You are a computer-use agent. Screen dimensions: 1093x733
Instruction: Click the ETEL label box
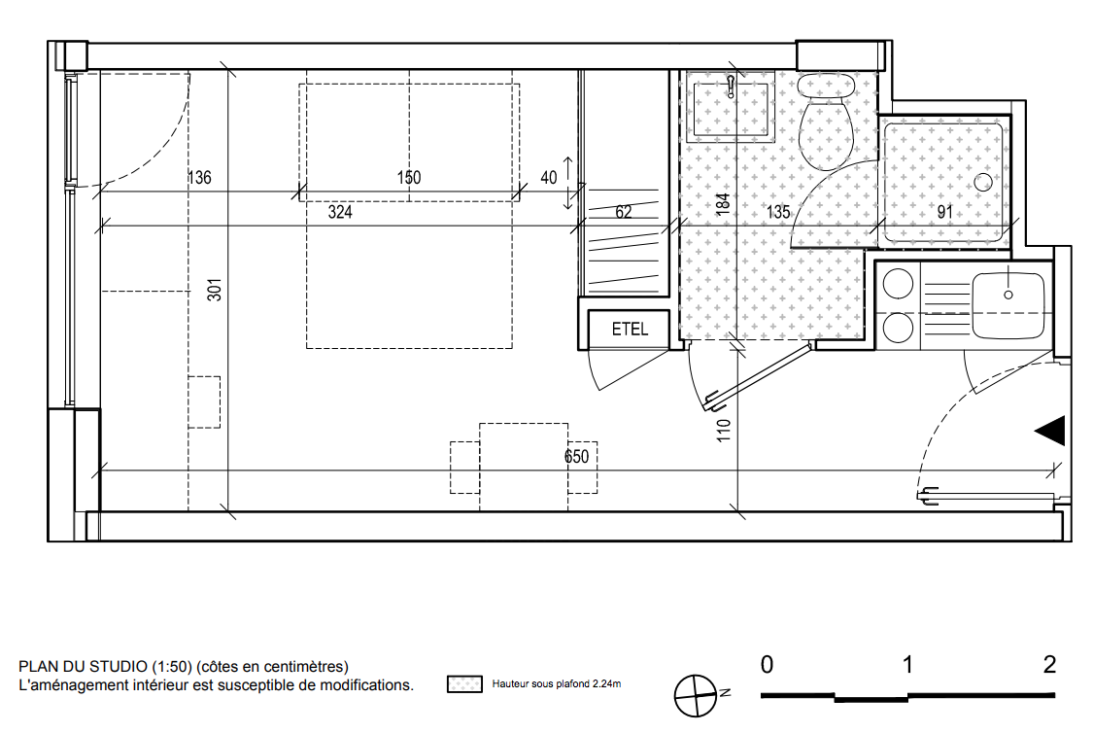pyautogui.click(x=629, y=329)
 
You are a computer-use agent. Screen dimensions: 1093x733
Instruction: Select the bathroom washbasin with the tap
pyautogui.click(x=731, y=109)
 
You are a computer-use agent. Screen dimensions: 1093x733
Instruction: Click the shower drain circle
pyautogui.click(x=983, y=183)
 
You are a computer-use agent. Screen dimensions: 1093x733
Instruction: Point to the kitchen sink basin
pyautogui.click(x=1008, y=305)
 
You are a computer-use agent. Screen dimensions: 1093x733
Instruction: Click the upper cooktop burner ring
pyautogui.click(x=898, y=284)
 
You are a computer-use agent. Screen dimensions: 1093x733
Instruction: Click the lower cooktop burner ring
pyautogui.click(x=898, y=328)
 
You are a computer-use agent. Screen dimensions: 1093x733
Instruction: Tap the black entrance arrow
pyautogui.click(x=1050, y=431)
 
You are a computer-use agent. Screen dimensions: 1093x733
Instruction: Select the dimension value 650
pyautogui.click(x=576, y=457)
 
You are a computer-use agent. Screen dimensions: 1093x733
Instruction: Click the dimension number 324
pyautogui.click(x=340, y=212)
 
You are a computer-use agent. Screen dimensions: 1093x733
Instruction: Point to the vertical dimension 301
pyautogui.click(x=215, y=290)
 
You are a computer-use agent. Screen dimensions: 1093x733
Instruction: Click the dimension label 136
pyautogui.click(x=199, y=178)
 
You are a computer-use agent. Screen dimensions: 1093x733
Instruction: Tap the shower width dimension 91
pyautogui.click(x=945, y=212)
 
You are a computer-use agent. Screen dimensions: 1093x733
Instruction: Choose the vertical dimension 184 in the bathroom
pyautogui.click(x=723, y=203)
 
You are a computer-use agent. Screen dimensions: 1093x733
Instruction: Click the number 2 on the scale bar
pyautogui.click(x=1050, y=665)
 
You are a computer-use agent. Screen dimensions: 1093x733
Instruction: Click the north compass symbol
pyautogui.click(x=696, y=696)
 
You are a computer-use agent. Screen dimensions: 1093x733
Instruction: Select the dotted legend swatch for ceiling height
pyautogui.click(x=464, y=684)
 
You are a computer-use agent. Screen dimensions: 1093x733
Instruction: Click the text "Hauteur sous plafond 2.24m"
pyautogui.click(x=557, y=684)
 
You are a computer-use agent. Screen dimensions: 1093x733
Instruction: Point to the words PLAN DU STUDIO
pyautogui.click(x=83, y=667)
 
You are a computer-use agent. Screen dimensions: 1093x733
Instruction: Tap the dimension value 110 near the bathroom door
pyautogui.click(x=724, y=431)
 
